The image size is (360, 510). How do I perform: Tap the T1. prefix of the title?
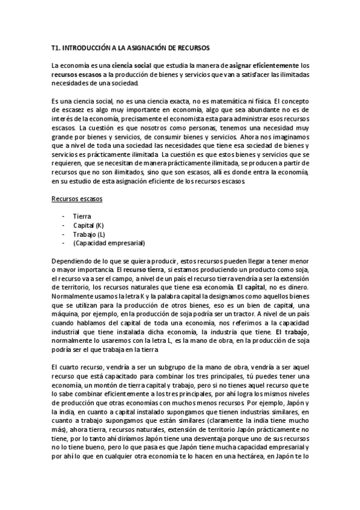(x=56, y=47)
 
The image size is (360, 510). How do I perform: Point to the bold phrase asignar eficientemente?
(x=263, y=65)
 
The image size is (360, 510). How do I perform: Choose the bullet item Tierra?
(x=82, y=215)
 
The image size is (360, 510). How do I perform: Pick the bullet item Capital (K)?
(x=88, y=225)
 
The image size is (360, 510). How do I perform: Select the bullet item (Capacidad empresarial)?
(x=109, y=243)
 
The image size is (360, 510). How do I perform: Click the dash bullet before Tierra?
(x=63, y=215)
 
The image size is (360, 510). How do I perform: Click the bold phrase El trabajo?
(x=292, y=333)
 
